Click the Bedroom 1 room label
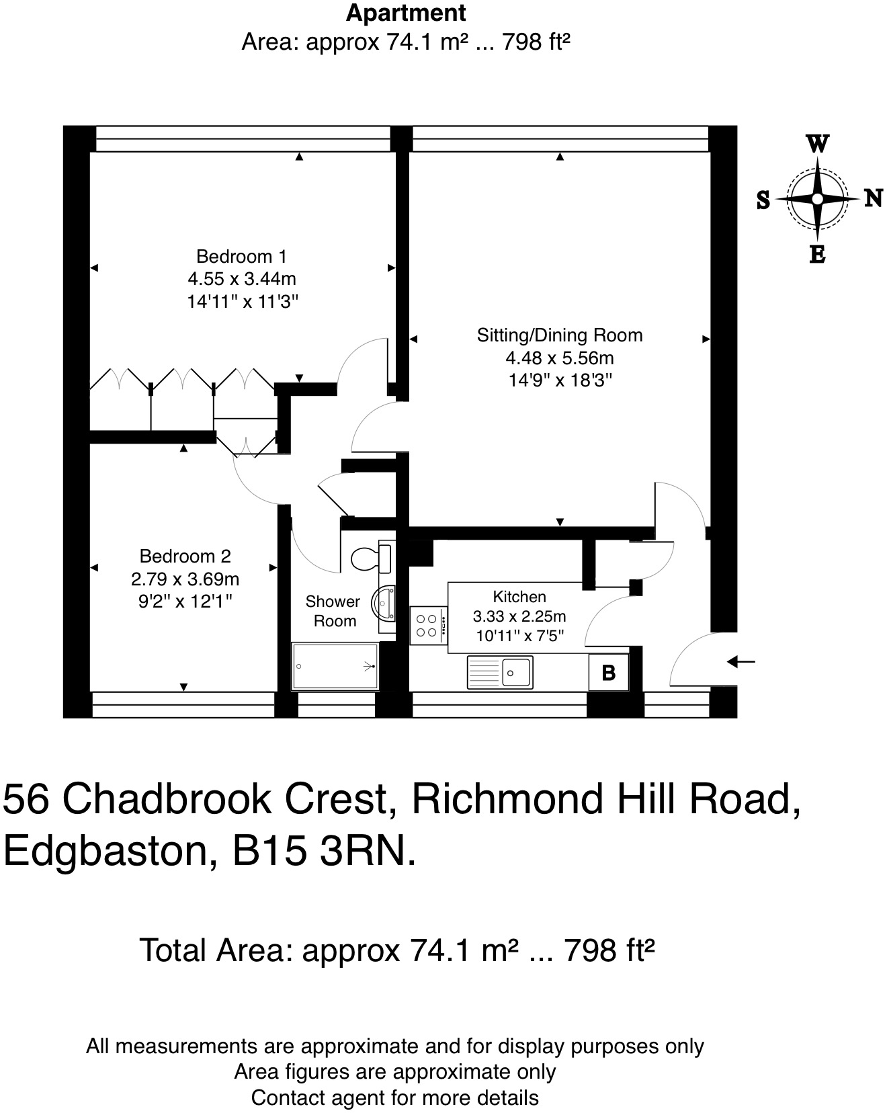tap(241, 256)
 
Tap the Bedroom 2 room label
tap(185, 556)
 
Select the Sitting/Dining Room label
tap(559, 335)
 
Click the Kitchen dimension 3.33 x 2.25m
tap(519, 616)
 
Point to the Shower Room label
tap(333, 611)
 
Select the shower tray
tap(335, 666)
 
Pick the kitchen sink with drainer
tap(500, 672)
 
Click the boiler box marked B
tap(608, 672)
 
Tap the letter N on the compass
tap(872, 198)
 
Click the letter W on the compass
tap(817, 144)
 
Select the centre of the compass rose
tap(817, 199)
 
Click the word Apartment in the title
tap(406, 13)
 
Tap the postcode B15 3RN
tap(323, 852)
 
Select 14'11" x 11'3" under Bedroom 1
tap(242, 301)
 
